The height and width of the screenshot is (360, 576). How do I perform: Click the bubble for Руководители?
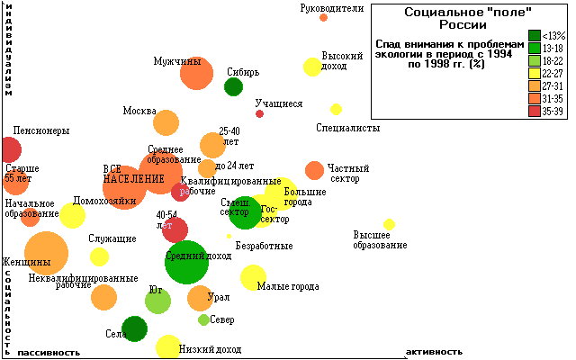click(324, 17)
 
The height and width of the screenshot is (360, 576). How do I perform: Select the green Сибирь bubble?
click(233, 86)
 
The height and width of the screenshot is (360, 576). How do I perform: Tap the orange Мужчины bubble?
click(196, 73)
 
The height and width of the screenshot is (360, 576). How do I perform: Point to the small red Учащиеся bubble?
click(259, 113)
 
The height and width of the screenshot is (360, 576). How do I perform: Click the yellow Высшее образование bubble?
click(389, 224)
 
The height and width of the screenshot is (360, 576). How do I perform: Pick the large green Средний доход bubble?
click(187, 262)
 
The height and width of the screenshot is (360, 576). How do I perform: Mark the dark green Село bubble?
click(134, 328)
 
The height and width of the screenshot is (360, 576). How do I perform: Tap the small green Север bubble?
click(204, 319)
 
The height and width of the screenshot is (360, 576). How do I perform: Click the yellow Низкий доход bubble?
click(168, 346)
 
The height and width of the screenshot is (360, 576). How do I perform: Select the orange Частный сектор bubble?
click(314, 170)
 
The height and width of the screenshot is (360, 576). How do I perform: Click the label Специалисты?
click(348, 129)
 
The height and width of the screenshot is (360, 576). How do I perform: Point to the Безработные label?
click(264, 246)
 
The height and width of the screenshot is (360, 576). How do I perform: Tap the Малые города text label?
click(288, 287)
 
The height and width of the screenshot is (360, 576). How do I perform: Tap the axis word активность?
click(435, 352)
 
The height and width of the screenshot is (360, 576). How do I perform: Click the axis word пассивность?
click(49, 352)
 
